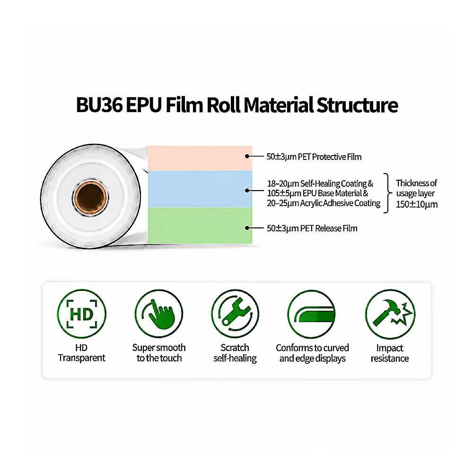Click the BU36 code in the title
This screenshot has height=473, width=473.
pos(99,105)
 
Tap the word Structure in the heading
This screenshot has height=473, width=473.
pos(357,105)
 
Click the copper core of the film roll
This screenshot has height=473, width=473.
pos(90,198)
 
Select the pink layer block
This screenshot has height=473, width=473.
pos(200,158)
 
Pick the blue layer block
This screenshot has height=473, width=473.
pos(200,189)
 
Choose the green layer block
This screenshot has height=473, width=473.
pos(200,225)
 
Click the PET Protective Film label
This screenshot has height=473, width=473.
pos(314,157)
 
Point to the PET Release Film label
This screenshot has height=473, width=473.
pos(312,228)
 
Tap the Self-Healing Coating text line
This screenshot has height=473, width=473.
pos(320,184)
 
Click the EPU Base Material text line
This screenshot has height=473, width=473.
pos(318,193)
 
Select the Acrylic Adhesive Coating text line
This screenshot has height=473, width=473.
pos(324,203)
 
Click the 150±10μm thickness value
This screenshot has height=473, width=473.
pos(417,204)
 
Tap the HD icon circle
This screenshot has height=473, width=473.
pos(81,314)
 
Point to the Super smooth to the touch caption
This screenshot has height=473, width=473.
pos(159,353)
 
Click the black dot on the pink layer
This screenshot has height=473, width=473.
pos(247,156)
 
